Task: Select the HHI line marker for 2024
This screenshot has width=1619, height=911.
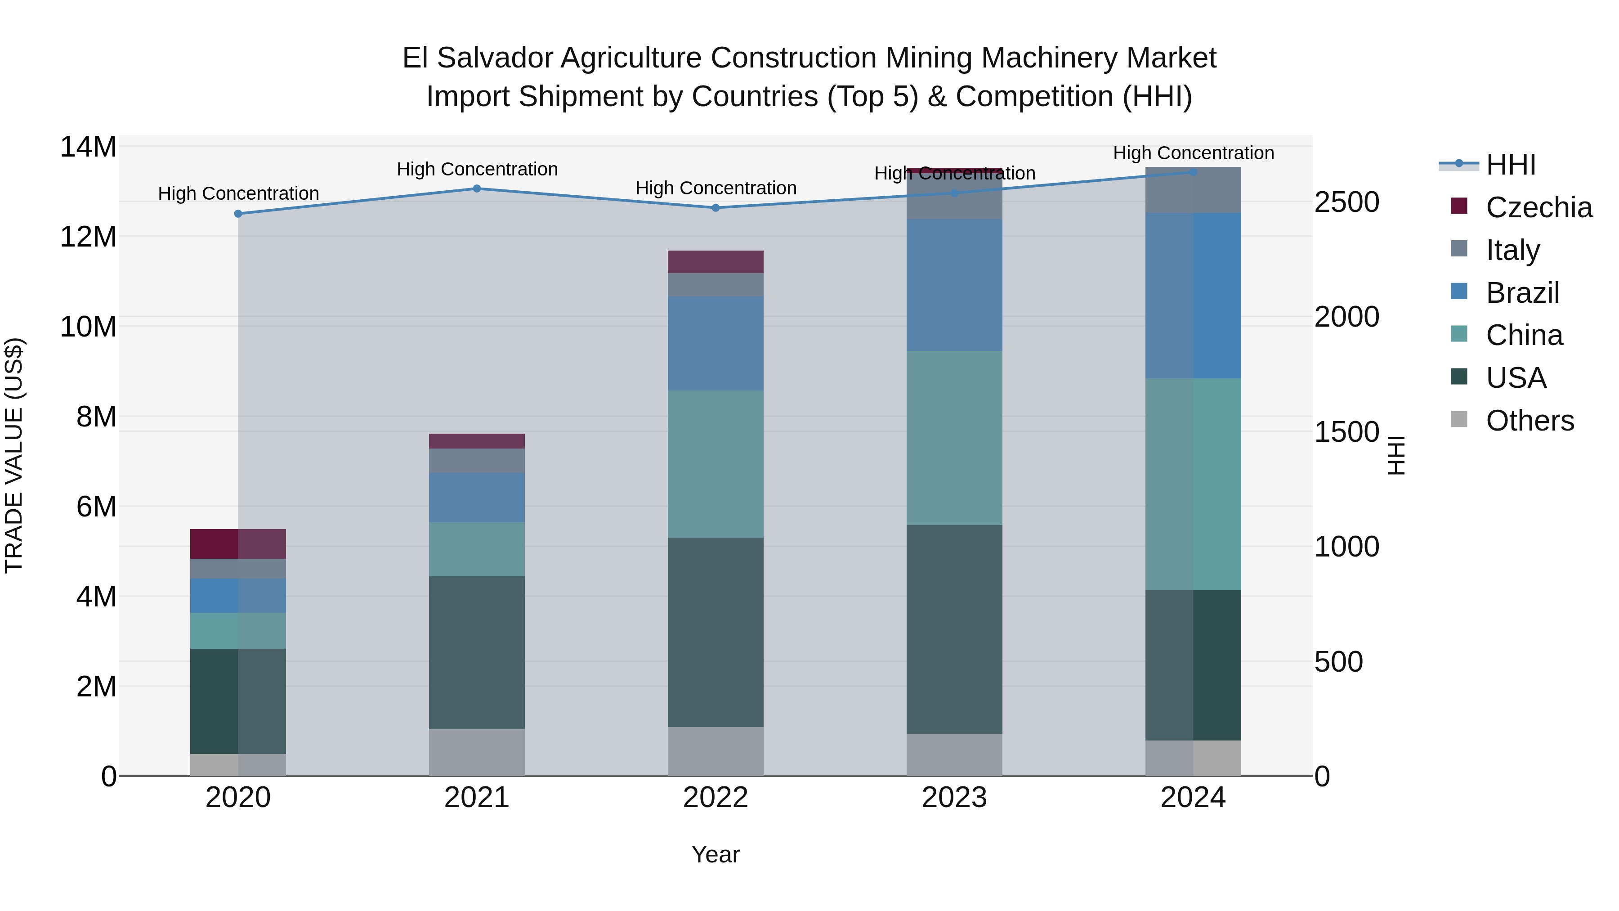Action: tap(1193, 172)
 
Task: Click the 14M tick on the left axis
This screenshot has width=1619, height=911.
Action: tap(88, 147)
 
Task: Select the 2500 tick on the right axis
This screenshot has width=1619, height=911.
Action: tap(1347, 202)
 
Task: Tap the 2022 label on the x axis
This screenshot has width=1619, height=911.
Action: tap(715, 798)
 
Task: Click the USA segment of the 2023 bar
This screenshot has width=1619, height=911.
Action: tap(954, 629)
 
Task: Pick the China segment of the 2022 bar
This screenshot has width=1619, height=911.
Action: tap(715, 463)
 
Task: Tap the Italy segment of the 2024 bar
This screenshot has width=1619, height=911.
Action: tap(1193, 190)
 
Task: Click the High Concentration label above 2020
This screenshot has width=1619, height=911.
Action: tap(238, 193)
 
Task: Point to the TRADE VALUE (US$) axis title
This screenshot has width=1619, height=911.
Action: tap(14, 455)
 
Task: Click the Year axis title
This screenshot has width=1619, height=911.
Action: tap(715, 855)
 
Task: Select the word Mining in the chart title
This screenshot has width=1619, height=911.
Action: tap(930, 58)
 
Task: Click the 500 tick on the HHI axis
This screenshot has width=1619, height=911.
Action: tap(1339, 662)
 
